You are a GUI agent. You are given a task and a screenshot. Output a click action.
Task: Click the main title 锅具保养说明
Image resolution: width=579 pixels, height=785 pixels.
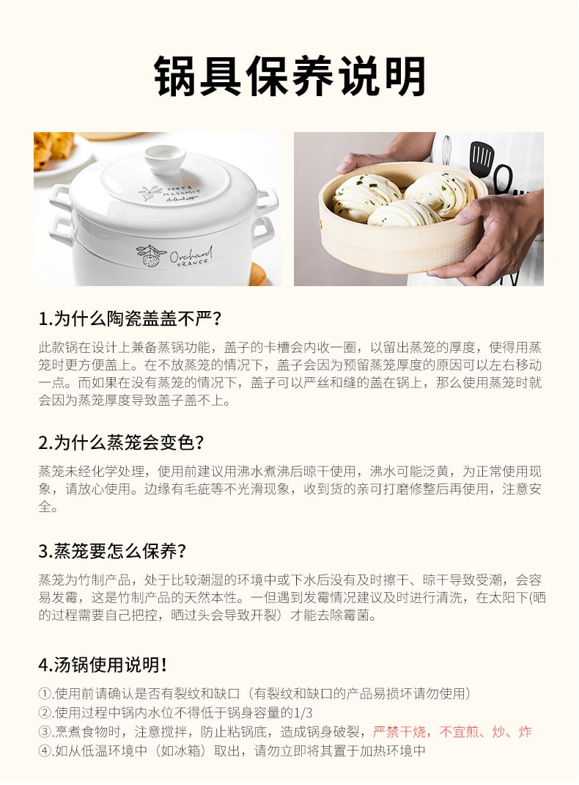click(289, 76)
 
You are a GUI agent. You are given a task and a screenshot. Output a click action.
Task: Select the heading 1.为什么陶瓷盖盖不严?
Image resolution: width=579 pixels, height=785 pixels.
click(130, 319)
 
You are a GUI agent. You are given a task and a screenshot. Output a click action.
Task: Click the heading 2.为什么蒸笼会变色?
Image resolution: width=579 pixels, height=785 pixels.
click(121, 442)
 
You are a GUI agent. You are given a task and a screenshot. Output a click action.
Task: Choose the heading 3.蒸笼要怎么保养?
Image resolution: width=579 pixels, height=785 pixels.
click(112, 551)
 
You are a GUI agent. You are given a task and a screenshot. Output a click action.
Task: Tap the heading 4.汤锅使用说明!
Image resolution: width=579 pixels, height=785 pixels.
click(103, 665)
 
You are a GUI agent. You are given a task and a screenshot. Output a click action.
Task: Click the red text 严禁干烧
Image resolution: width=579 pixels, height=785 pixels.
click(399, 732)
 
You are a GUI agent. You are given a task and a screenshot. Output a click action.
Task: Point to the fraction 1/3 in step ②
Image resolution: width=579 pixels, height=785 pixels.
click(304, 713)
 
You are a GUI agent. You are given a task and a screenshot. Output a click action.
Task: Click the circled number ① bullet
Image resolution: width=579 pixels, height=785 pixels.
click(45, 694)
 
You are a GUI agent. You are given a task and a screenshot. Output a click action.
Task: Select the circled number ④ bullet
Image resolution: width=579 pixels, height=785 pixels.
click(45, 751)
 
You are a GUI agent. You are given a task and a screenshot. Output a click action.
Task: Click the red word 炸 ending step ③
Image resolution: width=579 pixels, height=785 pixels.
click(525, 732)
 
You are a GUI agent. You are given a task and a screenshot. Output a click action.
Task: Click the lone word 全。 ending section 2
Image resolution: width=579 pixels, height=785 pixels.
click(48, 507)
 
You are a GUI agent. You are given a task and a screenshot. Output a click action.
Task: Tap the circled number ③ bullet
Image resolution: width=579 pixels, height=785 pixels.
click(45, 732)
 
